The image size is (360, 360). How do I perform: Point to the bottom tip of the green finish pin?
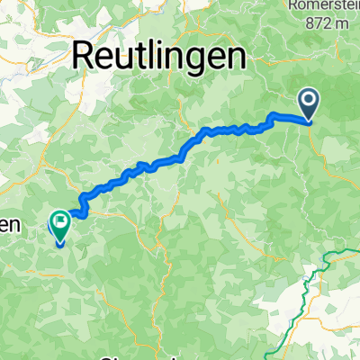pyautogui.click(x=60, y=244)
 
